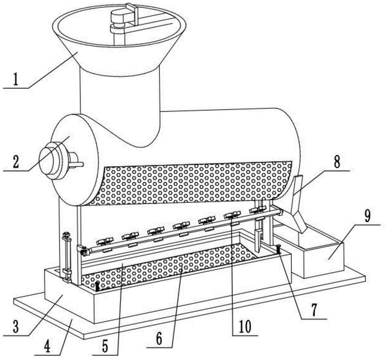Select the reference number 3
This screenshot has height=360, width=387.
15,327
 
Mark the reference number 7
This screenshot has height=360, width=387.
314,310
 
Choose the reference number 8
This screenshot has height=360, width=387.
337,162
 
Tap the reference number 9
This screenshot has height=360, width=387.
367,217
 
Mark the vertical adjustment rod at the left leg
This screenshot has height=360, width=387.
67,256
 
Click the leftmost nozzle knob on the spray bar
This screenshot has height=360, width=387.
105,241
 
